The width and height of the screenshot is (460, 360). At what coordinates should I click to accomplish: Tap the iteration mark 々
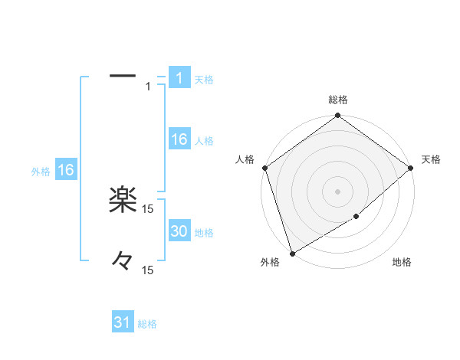coord(123,261)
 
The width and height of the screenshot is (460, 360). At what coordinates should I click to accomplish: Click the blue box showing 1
coord(179,78)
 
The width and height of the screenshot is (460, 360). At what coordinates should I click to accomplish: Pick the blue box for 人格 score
coord(179,139)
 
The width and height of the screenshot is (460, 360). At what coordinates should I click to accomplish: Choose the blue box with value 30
coord(179,232)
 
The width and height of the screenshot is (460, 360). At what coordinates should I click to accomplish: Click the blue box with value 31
coord(123,323)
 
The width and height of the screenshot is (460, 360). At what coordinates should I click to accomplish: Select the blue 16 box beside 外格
coord(66,171)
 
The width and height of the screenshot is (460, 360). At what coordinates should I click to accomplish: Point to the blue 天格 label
coord(203,80)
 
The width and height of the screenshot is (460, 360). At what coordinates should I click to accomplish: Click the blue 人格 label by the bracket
coord(204,141)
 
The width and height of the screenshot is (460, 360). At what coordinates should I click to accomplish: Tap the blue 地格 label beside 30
coord(204,233)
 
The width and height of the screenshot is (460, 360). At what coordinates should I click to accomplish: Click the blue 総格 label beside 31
coord(147,324)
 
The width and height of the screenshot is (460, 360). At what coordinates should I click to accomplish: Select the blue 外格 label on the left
coord(41,172)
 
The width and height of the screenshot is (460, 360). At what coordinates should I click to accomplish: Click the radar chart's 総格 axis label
coord(338,100)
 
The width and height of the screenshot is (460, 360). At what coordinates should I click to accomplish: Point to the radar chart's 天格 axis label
coord(432,159)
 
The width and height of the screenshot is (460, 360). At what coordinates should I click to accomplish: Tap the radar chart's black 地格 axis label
coord(402,263)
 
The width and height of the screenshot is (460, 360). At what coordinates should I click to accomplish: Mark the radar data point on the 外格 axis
coord(292,254)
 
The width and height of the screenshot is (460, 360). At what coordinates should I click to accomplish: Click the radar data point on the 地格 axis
coord(356,217)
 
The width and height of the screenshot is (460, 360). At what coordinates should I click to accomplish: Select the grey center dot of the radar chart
coord(338,191)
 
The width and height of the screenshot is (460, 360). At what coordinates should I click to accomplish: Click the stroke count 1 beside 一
coord(148,87)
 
